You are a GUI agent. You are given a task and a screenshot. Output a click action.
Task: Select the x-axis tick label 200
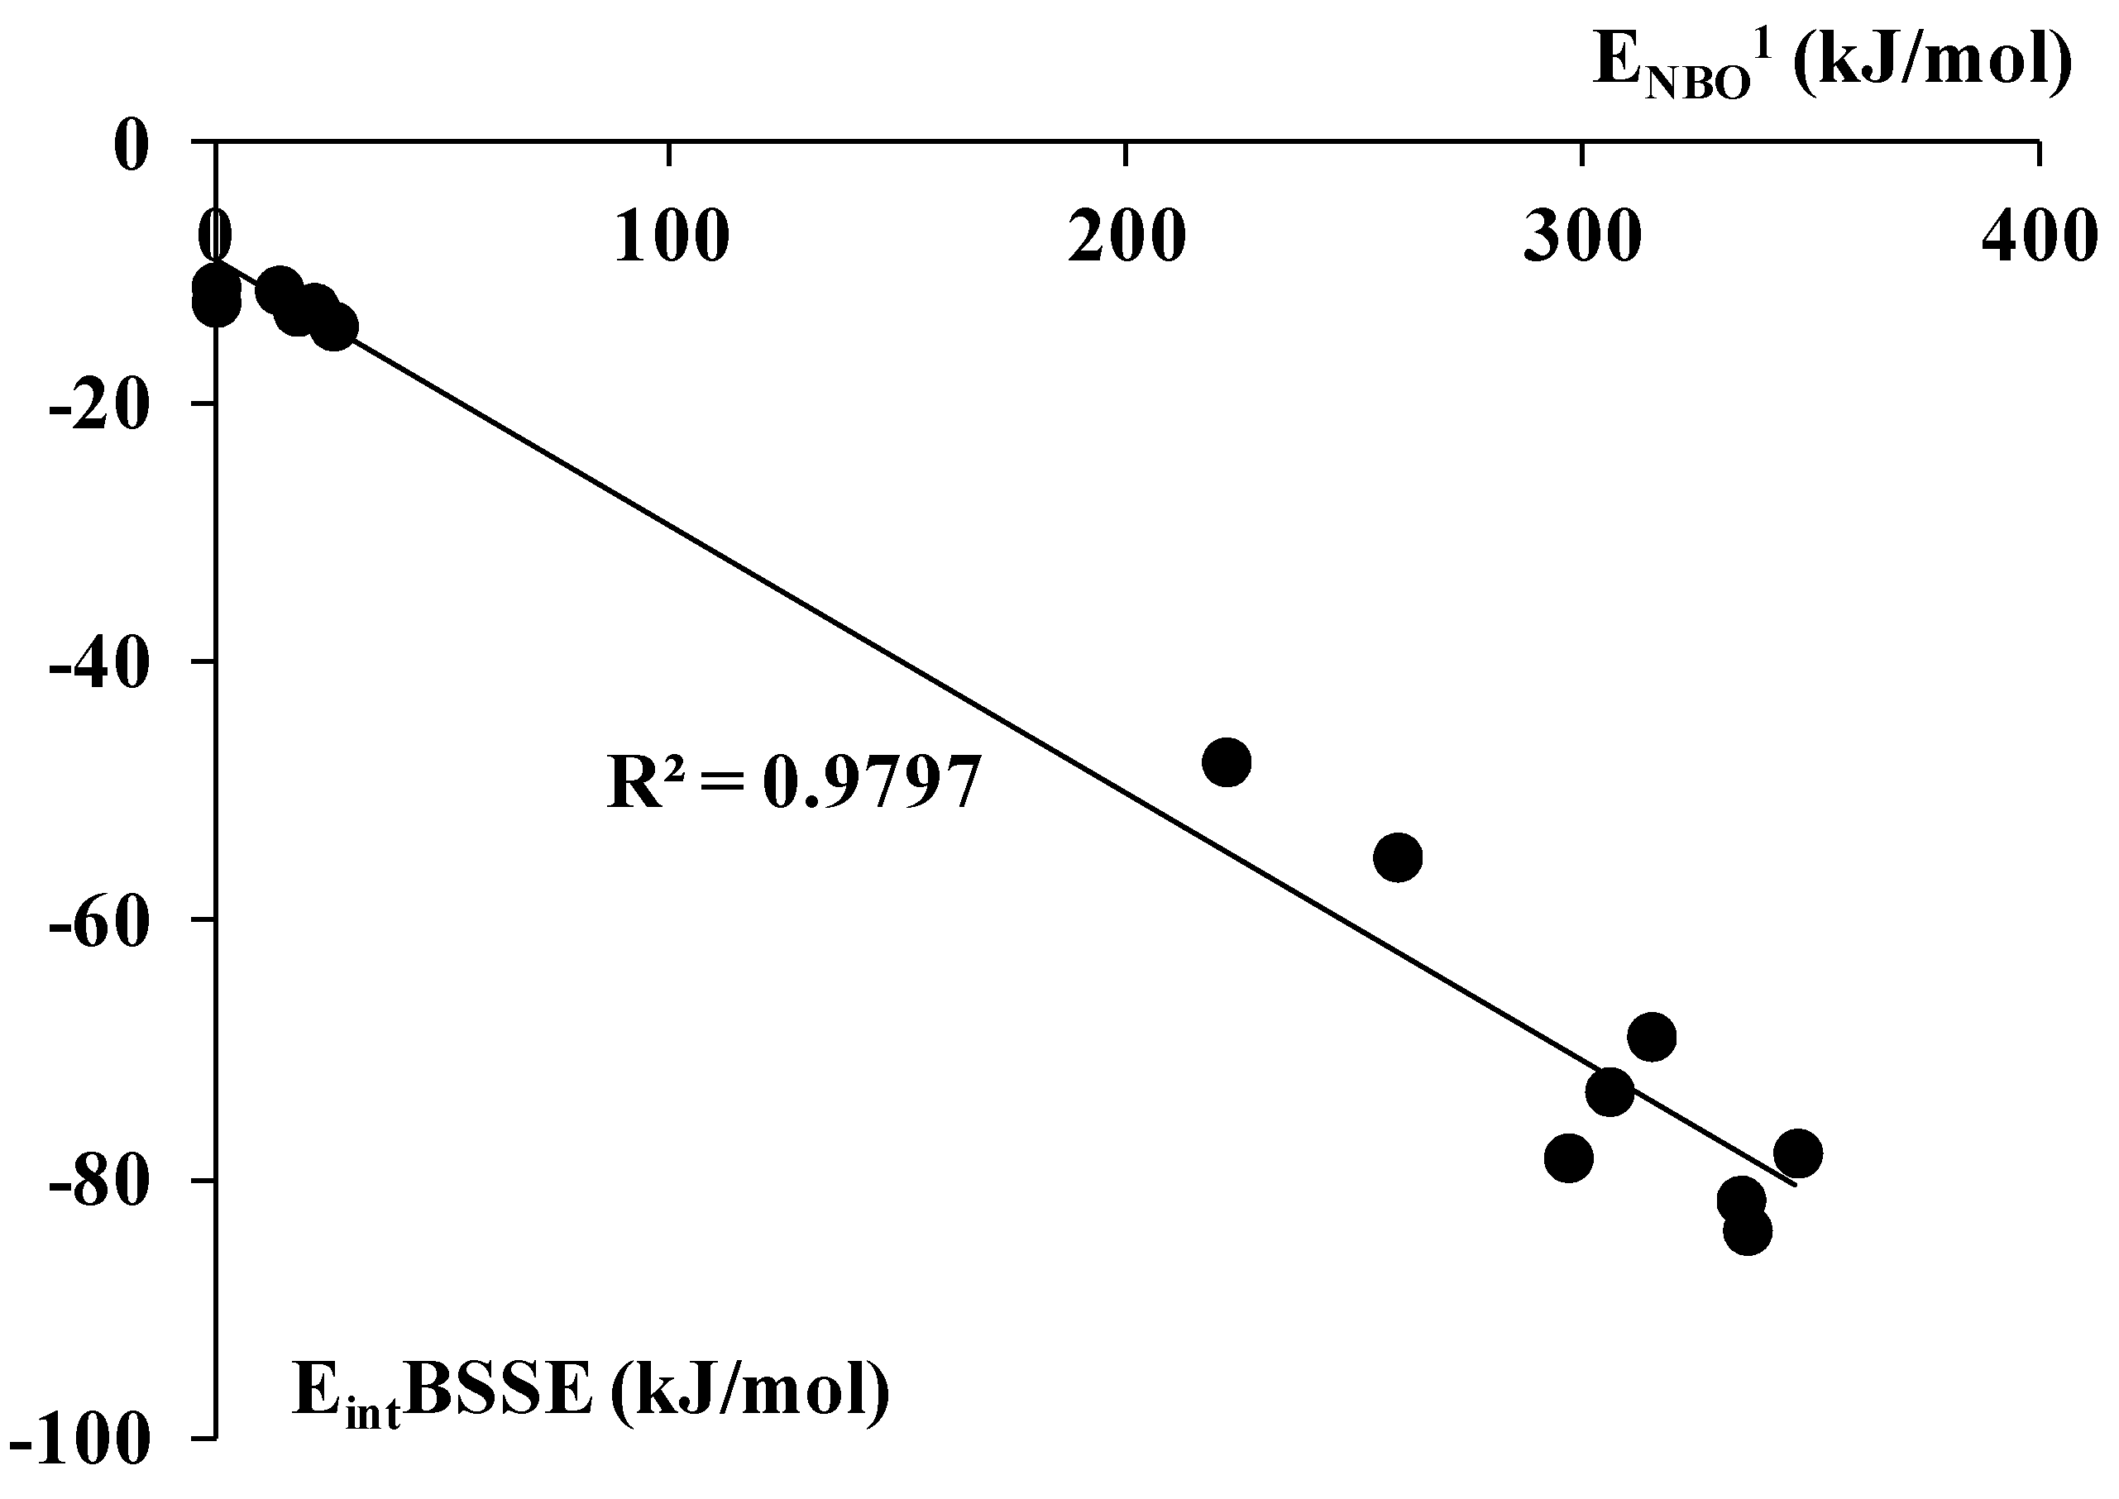click(x=1126, y=237)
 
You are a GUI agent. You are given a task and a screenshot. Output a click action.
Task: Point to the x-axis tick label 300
click(x=1582, y=237)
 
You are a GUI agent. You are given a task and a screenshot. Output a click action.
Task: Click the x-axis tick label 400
click(x=2039, y=237)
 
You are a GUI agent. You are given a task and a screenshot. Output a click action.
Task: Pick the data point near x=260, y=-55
click(x=1398, y=857)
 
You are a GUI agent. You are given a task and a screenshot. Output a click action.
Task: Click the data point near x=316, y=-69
click(x=1653, y=1036)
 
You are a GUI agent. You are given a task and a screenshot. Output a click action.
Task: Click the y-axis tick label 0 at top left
click(x=132, y=146)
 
